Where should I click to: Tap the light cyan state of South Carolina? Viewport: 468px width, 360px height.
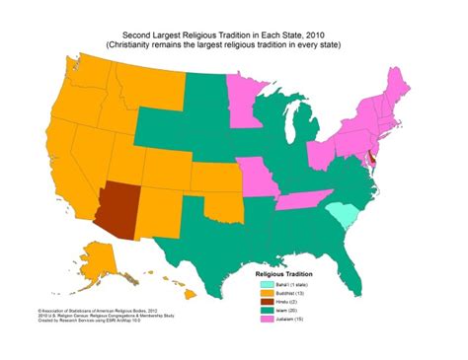point(342,214)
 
